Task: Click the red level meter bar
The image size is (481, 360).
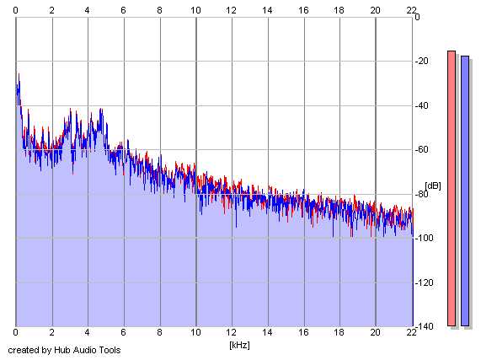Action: tap(452, 188)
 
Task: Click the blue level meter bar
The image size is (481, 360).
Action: tap(465, 191)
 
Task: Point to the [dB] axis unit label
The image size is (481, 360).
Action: tap(433, 185)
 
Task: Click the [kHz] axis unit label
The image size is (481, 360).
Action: tap(239, 345)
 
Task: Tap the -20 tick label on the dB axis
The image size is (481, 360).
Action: tap(421, 61)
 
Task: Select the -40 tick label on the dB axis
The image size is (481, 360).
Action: tap(421, 105)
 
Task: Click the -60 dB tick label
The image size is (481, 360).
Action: tap(421, 149)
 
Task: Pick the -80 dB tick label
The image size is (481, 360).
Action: tap(421, 194)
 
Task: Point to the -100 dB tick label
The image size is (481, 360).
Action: tap(424, 238)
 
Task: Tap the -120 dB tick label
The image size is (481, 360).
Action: tap(424, 282)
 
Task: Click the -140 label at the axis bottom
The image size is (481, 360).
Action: tap(424, 326)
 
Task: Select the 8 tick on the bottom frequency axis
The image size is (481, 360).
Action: tap(159, 332)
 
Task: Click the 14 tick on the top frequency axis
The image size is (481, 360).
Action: tap(267, 10)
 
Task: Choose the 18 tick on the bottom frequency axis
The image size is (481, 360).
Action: tap(339, 332)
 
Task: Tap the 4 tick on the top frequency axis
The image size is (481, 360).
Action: tap(88, 10)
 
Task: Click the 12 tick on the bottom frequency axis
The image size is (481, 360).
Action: tap(232, 332)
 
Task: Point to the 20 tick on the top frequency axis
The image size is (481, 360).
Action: tap(375, 10)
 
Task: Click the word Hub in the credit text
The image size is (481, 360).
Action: tap(59, 350)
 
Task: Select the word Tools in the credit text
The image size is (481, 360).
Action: tap(112, 350)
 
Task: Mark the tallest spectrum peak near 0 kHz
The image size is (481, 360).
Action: tap(19, 73)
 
